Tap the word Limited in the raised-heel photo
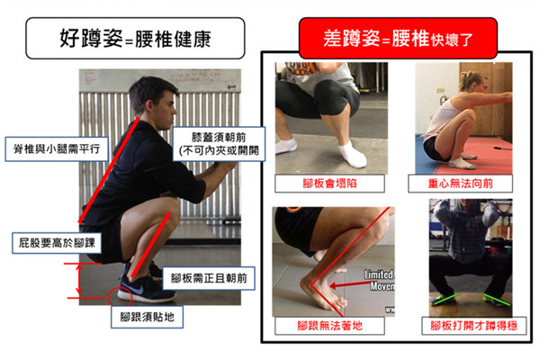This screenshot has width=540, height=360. click(x=381, y=272)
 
